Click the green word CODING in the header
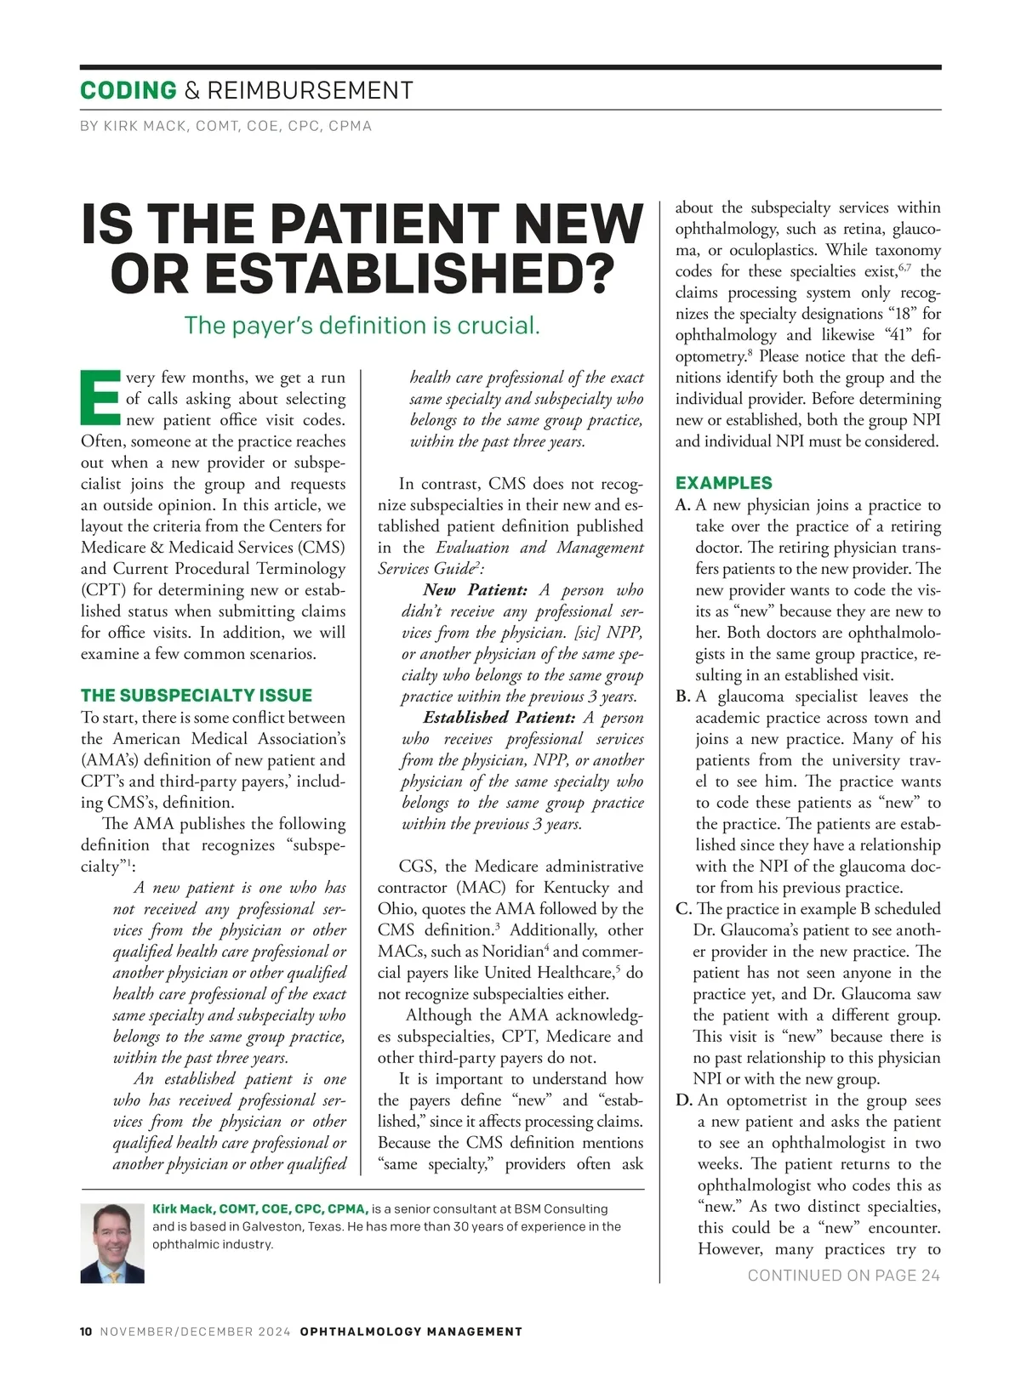[128, 90]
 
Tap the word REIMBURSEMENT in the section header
[310, 90]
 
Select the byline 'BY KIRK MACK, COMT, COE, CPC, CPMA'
[225, 126]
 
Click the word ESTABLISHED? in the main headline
[363, 272]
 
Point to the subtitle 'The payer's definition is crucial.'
[362, 325]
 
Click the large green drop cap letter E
[100, 397]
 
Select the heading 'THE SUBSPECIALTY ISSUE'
[197, 695]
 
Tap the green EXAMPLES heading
[724, 483]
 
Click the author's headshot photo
[112, 1242]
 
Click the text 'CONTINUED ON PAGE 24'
[843, 1275]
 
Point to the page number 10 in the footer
[86, 1332]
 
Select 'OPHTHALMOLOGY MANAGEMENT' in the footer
[411, 1332]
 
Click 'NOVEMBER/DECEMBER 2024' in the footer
[196, 1332]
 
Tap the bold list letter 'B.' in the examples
[683, 696]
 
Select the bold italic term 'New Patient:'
[475, 590]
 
